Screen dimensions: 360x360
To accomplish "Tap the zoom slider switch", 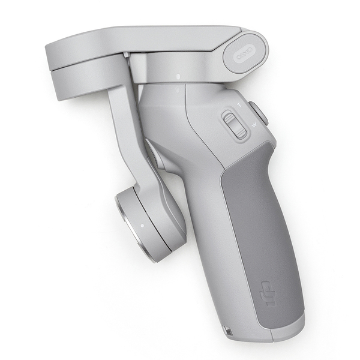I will [x=233, y=124].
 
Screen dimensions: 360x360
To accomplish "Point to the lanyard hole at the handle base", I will [x=228, y=330].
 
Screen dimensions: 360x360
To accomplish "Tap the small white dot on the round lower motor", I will [x=142, y=226].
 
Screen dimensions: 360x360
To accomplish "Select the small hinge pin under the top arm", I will [x=127, y=56].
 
